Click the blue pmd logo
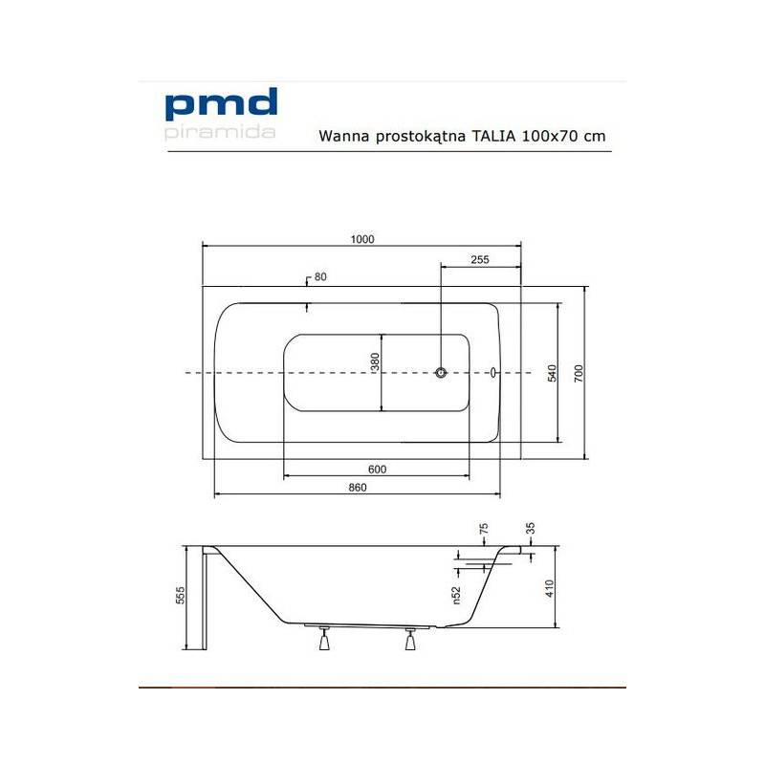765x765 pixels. click(222, 104)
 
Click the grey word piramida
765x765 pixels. click(220, 132)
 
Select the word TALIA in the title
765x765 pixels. click(493, 136)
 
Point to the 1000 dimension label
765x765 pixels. click(362, 239)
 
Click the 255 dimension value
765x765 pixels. click(480, 259)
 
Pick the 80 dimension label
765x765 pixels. click(320, 276)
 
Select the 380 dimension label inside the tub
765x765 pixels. click(375, 361)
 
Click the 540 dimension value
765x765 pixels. click(552, 373)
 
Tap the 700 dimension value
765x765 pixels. click(579, 373)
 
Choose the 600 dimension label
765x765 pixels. click(377, 469)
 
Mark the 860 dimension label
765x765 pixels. click(358, 487)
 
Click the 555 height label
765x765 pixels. click(180, 595)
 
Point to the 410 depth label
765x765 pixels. click(549, 588)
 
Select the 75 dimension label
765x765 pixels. click(484, 529)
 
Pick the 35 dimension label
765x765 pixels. click(531, 528)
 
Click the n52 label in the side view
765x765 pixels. click(456, 595)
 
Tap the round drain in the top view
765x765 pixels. click(441, 373)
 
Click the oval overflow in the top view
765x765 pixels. click(493, 373)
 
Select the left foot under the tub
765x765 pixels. click(324, 639)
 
